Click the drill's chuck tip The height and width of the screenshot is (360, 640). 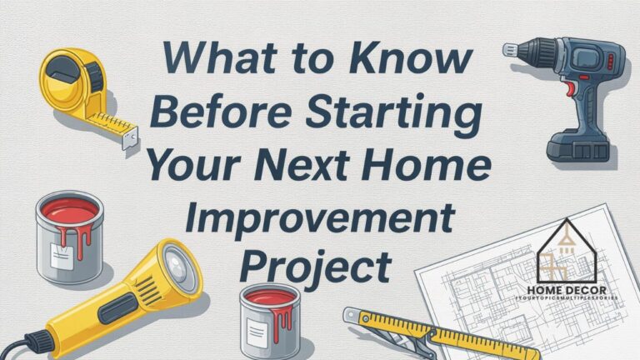coord(509,50)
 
